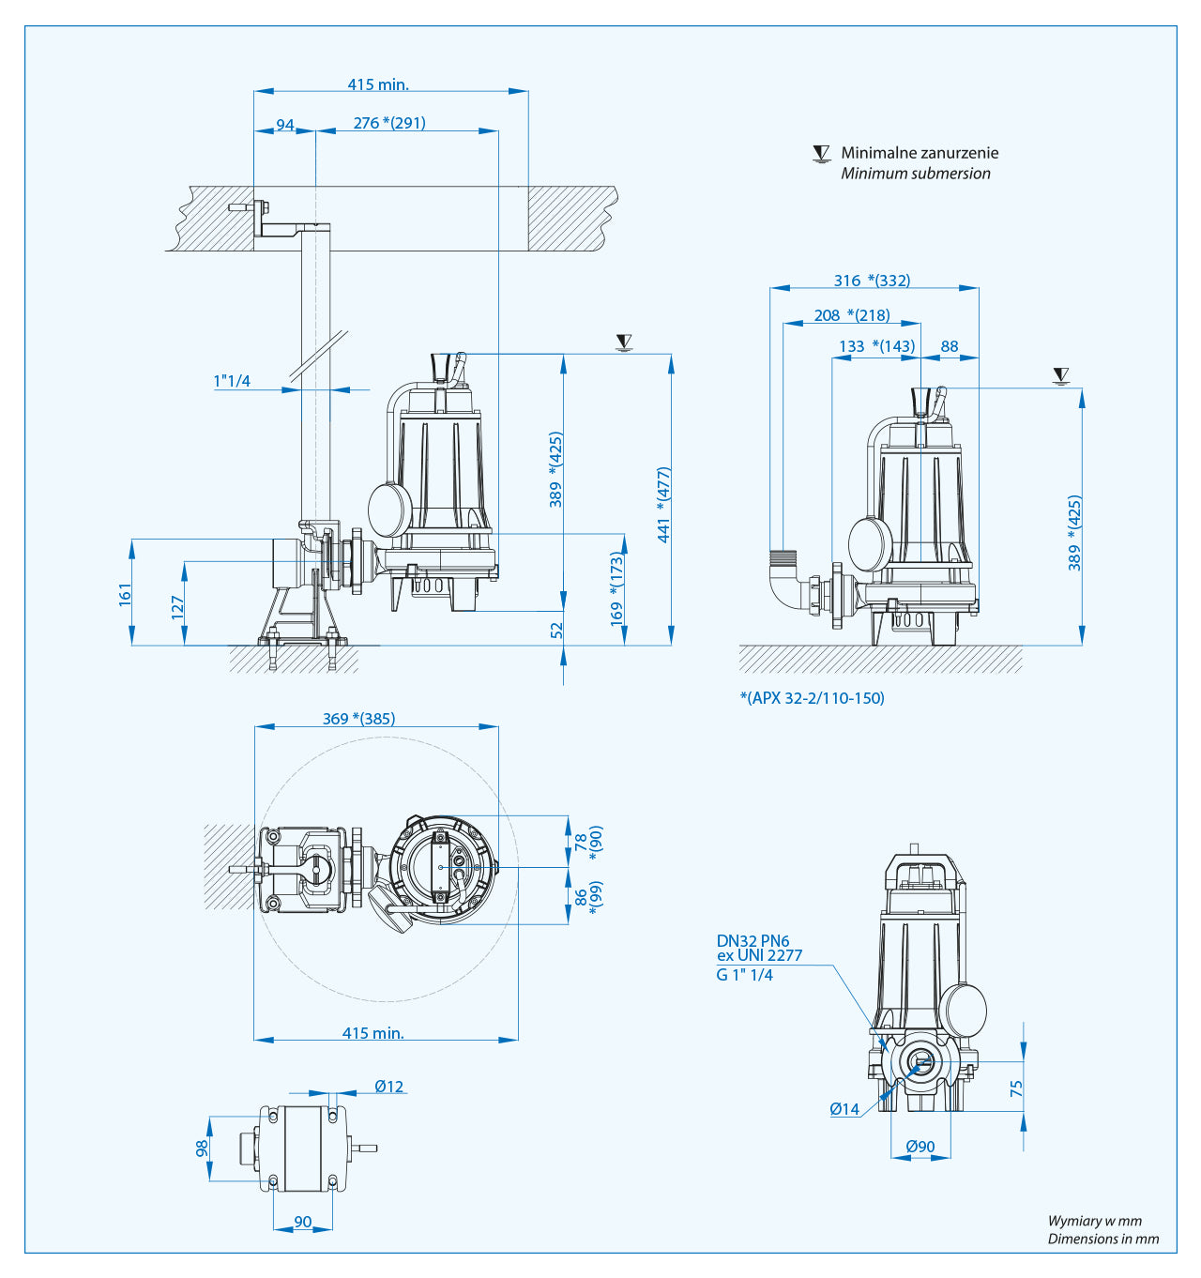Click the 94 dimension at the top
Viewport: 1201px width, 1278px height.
point(285,125)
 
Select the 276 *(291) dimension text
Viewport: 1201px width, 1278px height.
point(389,123)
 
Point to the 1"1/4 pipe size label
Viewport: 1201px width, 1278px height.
point(232,381)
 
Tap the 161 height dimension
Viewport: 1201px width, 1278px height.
point(126,594)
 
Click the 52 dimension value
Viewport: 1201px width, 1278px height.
point(557,631)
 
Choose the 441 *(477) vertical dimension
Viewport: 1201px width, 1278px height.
point(664,505)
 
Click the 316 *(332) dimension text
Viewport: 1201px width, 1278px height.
point(872,281)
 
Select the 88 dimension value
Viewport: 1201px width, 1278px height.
point(950,346)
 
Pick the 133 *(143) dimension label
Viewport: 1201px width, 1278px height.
point(876,346)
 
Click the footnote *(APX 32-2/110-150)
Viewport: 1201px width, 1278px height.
point(813,698)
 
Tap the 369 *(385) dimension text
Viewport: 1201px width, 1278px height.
point(358,719)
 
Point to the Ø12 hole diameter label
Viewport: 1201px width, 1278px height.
point(388,1087)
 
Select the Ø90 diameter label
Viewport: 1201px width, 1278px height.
point(920,1147)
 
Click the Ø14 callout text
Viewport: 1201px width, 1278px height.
point(844,1109)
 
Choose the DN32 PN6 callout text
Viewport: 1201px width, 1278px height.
point(753,940)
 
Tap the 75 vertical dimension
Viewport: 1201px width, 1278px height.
point(1016,1088)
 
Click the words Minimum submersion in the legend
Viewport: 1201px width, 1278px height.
point(915,174)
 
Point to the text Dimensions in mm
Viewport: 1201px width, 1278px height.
point(1102,1239)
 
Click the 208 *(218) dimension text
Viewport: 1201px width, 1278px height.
point(852,315)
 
